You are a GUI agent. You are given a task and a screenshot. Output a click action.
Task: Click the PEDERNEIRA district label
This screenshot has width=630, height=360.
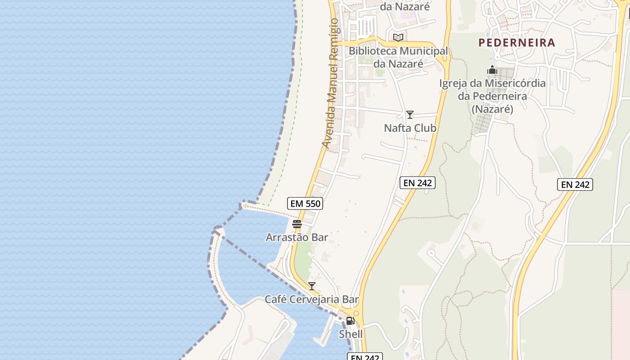[517, 43]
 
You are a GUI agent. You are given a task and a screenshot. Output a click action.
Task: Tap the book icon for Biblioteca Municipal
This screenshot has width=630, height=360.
[398, 37]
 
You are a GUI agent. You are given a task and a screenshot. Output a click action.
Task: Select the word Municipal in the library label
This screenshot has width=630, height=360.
[423, 51]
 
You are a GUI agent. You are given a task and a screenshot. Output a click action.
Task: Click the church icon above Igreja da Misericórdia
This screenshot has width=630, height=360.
[492, 70]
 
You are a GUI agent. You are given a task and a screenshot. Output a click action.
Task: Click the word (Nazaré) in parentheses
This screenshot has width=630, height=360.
[492, 109]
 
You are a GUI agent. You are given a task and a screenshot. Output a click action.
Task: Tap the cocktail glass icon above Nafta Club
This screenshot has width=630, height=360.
[409, 115]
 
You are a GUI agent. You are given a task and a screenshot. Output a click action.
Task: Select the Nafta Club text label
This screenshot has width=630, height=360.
[410, 128]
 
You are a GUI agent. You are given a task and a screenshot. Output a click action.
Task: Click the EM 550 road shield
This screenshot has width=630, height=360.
[305, 203]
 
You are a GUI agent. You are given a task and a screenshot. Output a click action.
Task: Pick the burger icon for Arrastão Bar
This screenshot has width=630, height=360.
[297, 224]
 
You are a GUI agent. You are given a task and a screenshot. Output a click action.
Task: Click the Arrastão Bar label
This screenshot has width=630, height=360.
[297, 237]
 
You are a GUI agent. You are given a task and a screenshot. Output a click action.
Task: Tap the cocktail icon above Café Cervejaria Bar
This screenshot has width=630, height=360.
[311, 286]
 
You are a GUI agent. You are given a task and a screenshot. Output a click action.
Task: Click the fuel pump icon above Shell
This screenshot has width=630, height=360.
[350, 321]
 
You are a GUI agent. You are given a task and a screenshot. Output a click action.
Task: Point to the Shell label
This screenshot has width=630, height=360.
[351, 334]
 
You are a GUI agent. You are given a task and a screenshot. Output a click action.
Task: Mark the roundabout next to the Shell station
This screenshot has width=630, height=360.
[356, 313]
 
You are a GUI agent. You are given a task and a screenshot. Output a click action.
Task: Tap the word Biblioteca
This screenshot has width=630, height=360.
[373, 51]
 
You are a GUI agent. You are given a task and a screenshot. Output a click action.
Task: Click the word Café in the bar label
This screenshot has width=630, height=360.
[274, 299]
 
